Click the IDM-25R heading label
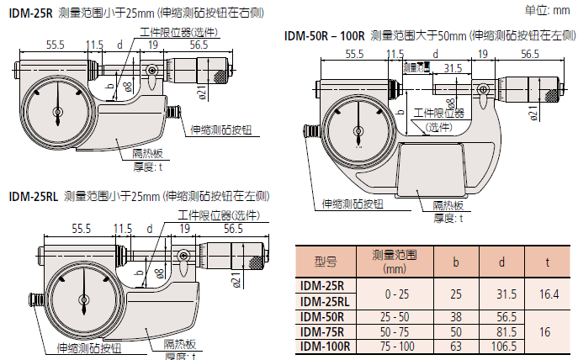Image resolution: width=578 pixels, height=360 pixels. click(x=29, y=13)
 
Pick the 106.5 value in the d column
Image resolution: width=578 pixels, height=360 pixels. click(x=501, y=346)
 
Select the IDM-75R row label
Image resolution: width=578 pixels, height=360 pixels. click(x=322, y=331)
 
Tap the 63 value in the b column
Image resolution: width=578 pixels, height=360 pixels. click(x=456, y=346)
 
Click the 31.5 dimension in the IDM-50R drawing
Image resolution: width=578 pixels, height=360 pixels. click(x=453, y=67)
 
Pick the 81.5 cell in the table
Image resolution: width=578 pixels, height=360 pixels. click(x=501, y=331)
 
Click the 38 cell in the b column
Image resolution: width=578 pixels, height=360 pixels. click(x=456, y=317)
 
